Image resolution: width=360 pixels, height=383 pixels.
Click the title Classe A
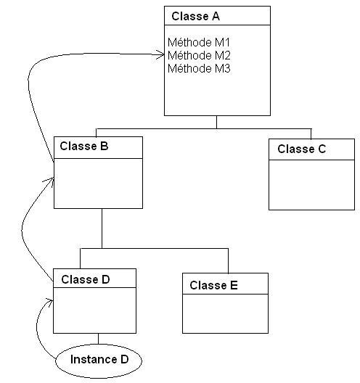click(x=195, y=17)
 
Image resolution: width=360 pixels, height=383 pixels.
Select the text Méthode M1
click(x=199, y=42)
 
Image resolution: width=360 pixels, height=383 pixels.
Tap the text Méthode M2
click(x=199, y=55)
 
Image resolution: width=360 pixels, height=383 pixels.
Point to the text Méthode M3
click(x=199, y=68)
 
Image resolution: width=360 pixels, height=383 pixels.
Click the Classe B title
click(x=84, y=146)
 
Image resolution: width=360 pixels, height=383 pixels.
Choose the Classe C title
click(x=302, y=149)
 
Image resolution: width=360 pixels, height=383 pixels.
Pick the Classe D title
click(x=86, y=279)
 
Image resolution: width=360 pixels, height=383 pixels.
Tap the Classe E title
click(x=213, y=285)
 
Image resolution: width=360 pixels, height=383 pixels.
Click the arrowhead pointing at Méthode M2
click(x=160, y=54)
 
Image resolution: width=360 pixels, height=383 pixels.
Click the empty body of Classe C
click(x=311, y=185)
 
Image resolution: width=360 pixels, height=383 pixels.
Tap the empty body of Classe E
click(x=225, y=313)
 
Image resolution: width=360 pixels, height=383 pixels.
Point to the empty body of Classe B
click(x=98, y=184)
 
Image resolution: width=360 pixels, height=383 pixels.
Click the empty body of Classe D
click(x=94, y=310)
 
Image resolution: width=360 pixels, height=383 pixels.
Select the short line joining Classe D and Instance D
click(x=98, y=339)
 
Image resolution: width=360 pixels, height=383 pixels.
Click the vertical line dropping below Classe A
click(x=216, y=122)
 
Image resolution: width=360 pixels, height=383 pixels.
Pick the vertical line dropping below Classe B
click(x=102, y=228)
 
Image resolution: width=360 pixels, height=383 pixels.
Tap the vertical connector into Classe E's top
click(x=229, y=261)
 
